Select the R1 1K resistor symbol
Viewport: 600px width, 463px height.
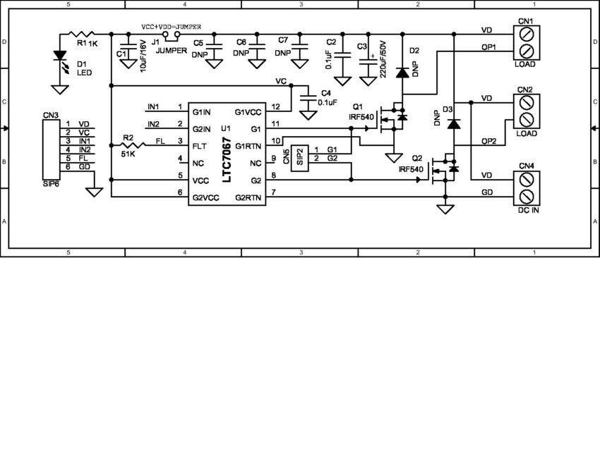click(83, 34)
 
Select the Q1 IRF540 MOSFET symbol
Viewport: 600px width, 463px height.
click(392, 116)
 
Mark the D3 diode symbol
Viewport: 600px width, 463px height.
click(454, 123)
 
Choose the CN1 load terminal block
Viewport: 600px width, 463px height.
click(525, 42)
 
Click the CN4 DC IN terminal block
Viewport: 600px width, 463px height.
click(525, 187)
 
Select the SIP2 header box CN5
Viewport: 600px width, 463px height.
click(301, 156)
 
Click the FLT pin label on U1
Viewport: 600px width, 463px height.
click(200, 146)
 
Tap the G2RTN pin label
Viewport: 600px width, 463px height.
click(249, 198)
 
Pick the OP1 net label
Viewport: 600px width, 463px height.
click(488, 47)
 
